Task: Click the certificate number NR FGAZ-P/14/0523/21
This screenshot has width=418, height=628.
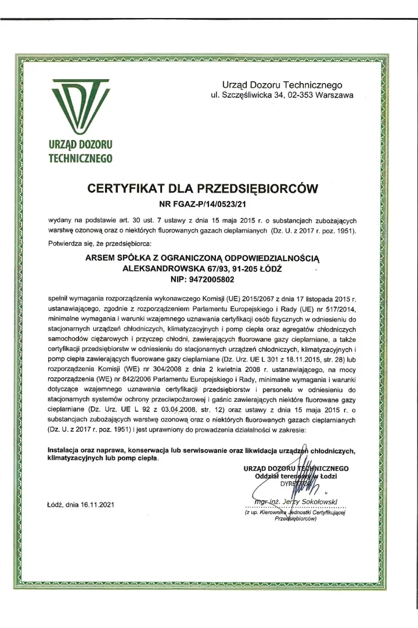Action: point(208,204)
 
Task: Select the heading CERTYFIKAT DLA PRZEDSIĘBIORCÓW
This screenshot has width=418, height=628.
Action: point(208,188)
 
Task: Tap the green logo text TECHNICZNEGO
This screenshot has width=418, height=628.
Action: point(81,156)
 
